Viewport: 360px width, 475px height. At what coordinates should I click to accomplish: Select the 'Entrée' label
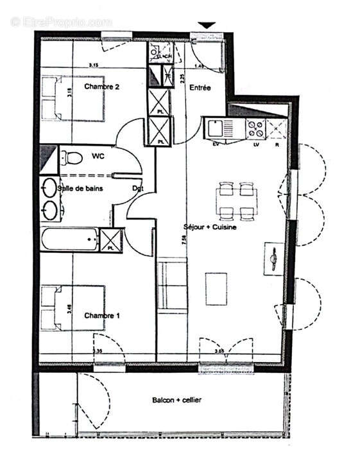pyautogui.click(x=199, y=88)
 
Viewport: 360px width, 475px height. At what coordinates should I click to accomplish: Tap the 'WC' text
pyautogui.click(x=98, y=156)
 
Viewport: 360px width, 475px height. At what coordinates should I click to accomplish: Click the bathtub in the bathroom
pyautogui.click(x=69, y=240)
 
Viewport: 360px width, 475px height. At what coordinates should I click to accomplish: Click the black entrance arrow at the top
pyautogui.click(x=206, y=26)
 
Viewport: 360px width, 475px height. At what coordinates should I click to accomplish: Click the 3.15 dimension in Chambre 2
pyautogui.click(x=93, y=65)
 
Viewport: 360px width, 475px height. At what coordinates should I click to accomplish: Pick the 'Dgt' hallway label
pyautogui.click(x=137, y=189)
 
